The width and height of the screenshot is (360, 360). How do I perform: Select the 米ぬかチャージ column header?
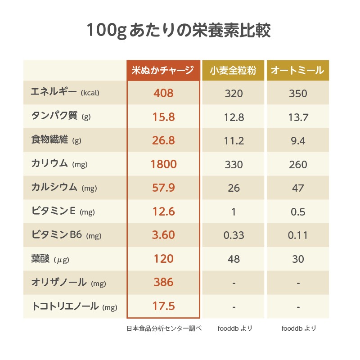(x=163, y=71)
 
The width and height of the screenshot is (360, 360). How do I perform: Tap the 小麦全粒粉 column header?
(x=234, y=71)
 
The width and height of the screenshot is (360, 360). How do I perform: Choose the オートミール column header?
(x=298, y=71)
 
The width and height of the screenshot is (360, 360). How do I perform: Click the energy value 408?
(x=163, y=94)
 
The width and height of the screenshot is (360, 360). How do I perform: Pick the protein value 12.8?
(x=234, y=117)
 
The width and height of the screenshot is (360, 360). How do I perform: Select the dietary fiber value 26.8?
(x=163, y=141)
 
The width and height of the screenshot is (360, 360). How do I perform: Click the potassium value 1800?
(x=163, y=164)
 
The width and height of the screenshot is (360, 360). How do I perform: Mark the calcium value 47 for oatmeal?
(x=298, y=188)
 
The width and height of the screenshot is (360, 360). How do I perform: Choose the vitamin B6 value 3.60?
(x=163, y=235)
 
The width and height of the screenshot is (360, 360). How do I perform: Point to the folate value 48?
(x=234, y=259)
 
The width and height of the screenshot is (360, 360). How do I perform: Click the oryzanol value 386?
(x=163, y=282)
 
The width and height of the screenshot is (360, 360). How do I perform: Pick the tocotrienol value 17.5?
(x=163, y=306)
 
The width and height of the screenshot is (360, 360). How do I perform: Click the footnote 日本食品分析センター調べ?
(x=163, y=328)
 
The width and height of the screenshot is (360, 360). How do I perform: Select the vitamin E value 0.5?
(x=298, y=212)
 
